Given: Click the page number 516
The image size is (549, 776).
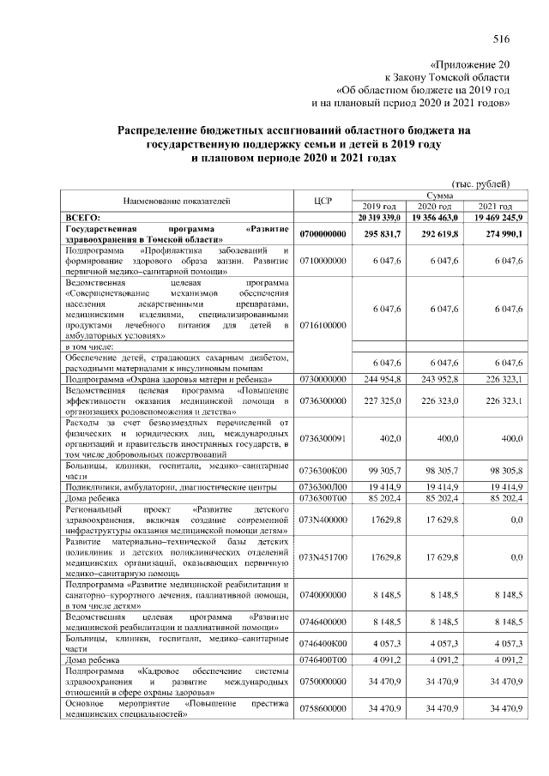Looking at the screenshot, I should point(502,37).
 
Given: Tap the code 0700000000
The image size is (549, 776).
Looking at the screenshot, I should point(323,234).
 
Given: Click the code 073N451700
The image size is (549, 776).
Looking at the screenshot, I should point(323,556).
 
